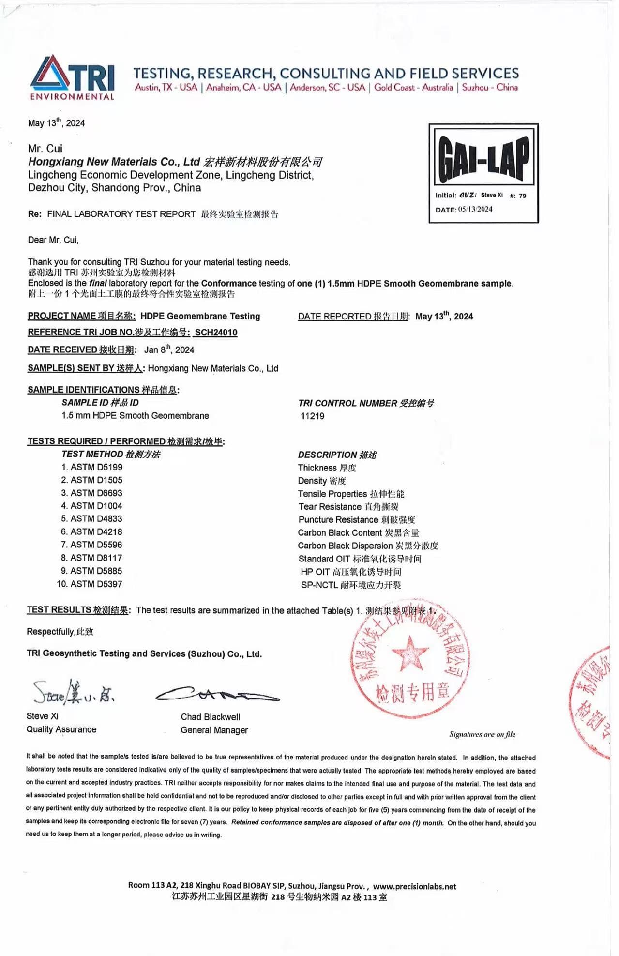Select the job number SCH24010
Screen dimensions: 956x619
pyautogui.click(x=216, y=332)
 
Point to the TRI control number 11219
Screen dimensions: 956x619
pyautogui.click(x=312, y=416)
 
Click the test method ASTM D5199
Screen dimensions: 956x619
pyautogui.click(x=96, y=467)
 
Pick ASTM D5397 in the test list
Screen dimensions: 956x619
pyautogui.click(x=96, y=584)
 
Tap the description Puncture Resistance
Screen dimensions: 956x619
pyautogui.click(x=338, y=519)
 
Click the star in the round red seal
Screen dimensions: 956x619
pyautogui.click(x=409, y=653)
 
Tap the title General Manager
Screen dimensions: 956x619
pyautogui.click(x=214, y=730)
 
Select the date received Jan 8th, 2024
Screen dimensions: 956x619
pyautogui.click(x=169, y=349)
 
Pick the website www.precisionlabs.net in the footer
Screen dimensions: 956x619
pyautogui.click(x=414, y=886)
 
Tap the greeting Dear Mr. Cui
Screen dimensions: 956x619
pyautogui.click(x=53, y=240)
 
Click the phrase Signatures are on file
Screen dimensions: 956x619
pyautogui.click(x=482, y=734)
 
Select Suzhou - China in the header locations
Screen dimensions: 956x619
pyautogui.click(x=490, y=88)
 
